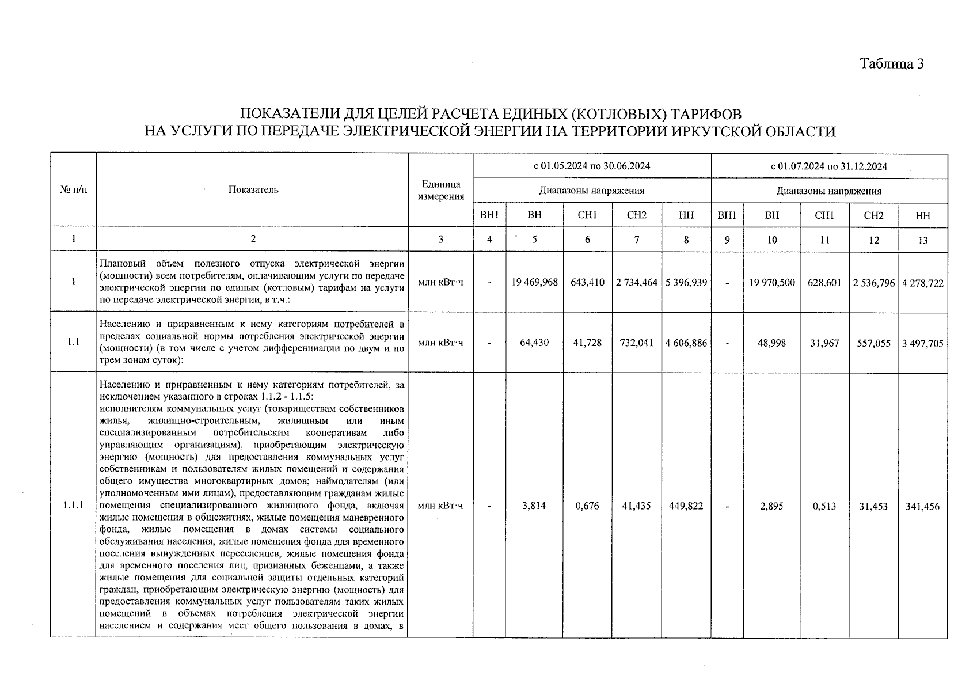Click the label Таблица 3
click(x=892, y=64)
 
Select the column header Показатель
click(x=253, y=189)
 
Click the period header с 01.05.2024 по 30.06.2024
click(x=592, y=166)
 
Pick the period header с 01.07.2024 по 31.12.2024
click(x=829, y=167)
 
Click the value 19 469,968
click(x=534, y=282)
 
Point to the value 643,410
click(x=587, y=282)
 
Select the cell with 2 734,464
click(x=637, y=282)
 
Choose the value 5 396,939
click(x=686, y=282)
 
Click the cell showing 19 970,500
click(x=772, y=282)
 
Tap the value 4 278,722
click(x=923, y=283)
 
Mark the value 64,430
click(x=534, y=343)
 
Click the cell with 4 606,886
click(x=686, y=343)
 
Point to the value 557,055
click(x=874, y=343)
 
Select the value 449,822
click(x=686, y=506)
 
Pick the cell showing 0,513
click(x=824, y=506)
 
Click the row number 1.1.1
click(x=73, y=506)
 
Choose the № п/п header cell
click(x=73, y=189)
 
